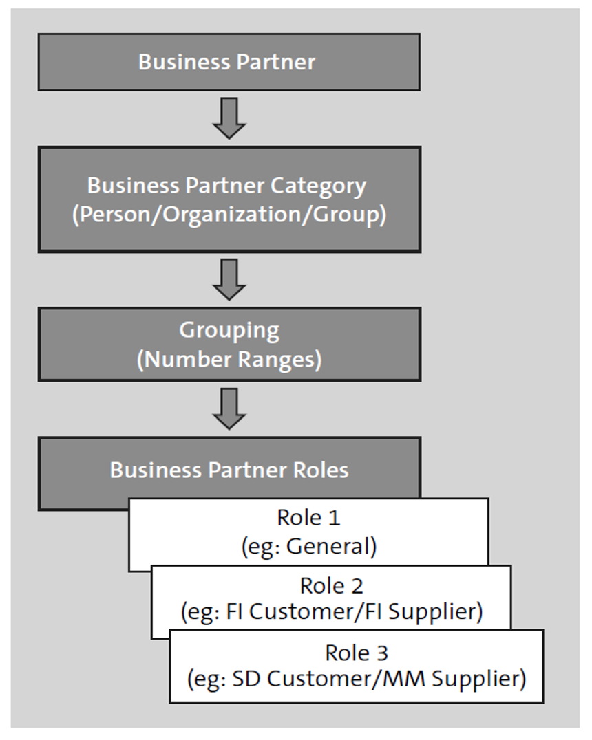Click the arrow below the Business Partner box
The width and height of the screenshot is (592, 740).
(x=229, y=118)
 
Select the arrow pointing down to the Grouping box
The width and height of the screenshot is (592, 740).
(x=229, y=279)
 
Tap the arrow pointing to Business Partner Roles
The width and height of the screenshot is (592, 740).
(x=229, y=408)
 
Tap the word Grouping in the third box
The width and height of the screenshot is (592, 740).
(x=229, y=330)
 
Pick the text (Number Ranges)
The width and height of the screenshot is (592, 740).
(x=229, y=360)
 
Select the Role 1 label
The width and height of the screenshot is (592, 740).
(x=309, y=517)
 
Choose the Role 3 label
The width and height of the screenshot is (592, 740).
(x=357, y=652)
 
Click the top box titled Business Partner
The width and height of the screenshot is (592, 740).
(x=229, y=62)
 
